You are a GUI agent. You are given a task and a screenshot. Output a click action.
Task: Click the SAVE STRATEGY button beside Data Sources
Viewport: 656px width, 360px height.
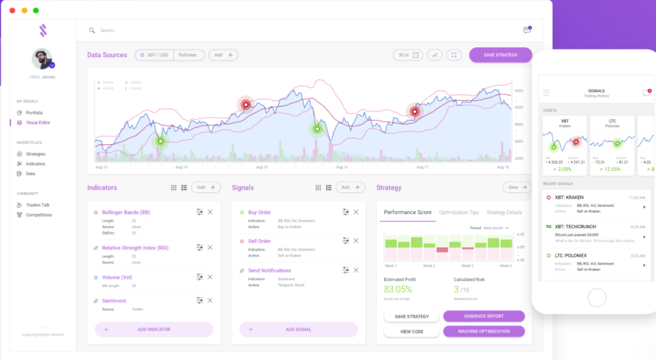(x=500, y=55)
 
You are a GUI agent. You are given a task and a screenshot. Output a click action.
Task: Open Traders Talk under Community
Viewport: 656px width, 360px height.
(x=37, y=205)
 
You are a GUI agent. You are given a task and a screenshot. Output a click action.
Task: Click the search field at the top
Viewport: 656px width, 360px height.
(x=173, y=31)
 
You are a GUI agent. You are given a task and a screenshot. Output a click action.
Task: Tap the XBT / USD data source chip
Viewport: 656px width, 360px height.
(x=154, y=55)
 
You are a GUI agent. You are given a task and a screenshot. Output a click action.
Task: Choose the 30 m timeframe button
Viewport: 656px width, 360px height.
(x=408, y=55)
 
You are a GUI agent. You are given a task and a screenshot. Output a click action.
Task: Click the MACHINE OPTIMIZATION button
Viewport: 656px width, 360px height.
(x=484, y=331)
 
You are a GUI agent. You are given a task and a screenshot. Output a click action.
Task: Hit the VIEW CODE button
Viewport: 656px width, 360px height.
(x=412, y=331)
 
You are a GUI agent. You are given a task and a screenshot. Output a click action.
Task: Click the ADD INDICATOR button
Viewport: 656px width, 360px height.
(x=154, y=329)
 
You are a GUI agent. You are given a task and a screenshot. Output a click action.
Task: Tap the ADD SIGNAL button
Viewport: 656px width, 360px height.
(x=298, y=329)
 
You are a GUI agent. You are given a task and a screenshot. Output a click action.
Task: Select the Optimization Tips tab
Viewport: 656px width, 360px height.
(x=458, y=213)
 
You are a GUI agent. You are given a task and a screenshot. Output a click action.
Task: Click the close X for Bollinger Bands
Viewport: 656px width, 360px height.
(x=210, y=212)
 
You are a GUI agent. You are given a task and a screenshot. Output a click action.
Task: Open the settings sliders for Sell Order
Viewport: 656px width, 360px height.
(x=346, y=241)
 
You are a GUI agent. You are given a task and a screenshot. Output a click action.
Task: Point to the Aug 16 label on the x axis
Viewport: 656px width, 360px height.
(x=342, y=167)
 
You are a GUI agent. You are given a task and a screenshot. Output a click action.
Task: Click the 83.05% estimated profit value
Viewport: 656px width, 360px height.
(x=398, y=289)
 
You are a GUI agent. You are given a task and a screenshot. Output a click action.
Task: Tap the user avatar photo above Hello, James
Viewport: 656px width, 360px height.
(x=42, y=59)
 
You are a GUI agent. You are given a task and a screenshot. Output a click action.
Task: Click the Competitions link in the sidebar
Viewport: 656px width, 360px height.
(x=39, y=215)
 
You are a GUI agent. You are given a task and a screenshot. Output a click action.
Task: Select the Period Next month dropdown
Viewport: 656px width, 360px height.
(x=496, y=228)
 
